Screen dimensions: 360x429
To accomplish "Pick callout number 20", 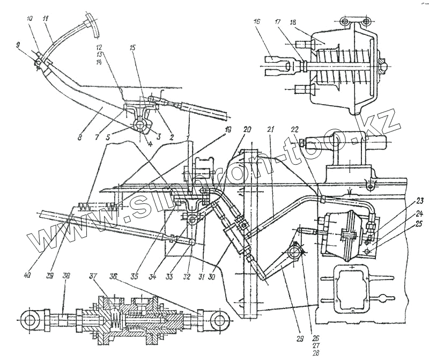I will pos(247,130).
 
